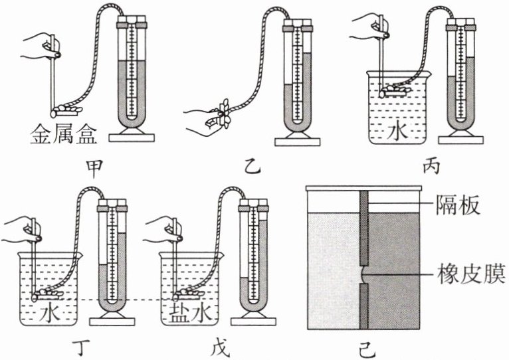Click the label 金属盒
click(x=64, y=136)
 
